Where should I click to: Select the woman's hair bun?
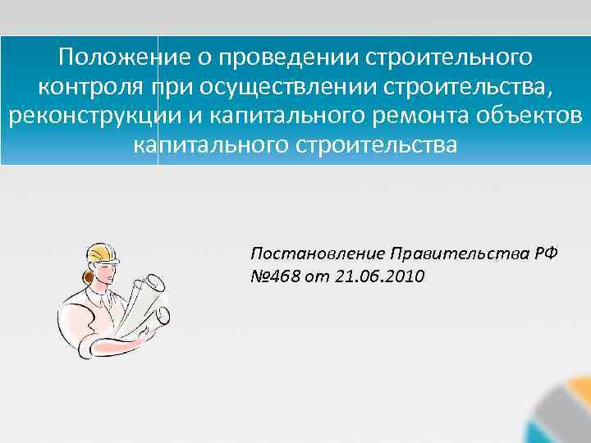point(85,277)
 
